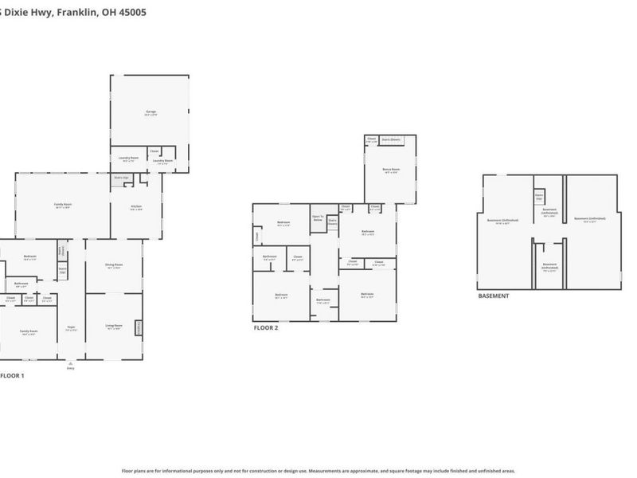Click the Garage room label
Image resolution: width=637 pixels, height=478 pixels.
(x=150, y=113)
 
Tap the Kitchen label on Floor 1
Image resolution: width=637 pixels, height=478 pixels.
(x=136, y=207)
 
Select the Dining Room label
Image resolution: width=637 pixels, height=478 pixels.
(x=115, y=265)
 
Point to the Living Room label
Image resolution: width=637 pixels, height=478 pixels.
(x=115, y=326)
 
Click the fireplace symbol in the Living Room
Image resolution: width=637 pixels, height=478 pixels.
(x=141, y=327)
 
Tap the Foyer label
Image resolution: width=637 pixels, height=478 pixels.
(x=71, y=328)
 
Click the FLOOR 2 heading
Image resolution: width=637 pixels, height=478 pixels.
(x=267, y=327)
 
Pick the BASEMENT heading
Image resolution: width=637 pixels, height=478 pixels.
(x=494, y=296)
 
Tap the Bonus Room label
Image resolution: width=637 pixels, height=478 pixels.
(x=392, y=170)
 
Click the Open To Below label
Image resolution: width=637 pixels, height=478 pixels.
(x=318, y=217)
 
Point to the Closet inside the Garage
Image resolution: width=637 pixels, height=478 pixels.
(x=154, y=151)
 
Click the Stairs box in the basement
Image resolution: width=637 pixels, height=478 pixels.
(x=539, y=196)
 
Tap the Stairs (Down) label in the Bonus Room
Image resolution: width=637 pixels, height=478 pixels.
(x=392, y=140)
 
